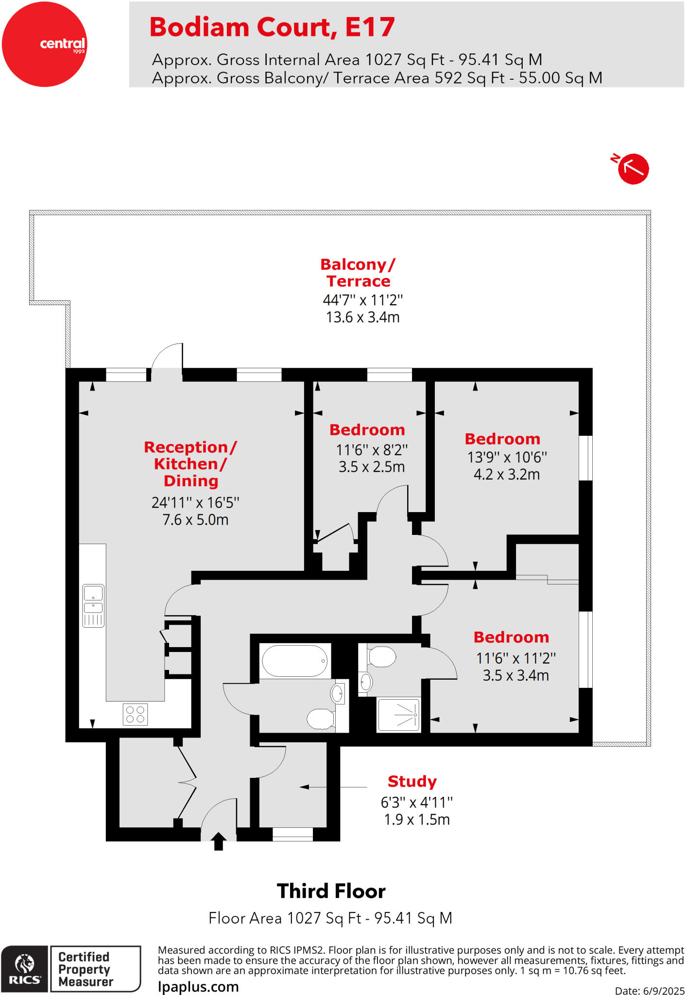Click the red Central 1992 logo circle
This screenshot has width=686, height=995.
pos(44,44)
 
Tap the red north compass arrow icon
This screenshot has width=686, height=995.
pos(633,169)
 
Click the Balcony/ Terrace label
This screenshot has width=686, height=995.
pos(358,273)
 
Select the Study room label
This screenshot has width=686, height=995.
pos(412,781)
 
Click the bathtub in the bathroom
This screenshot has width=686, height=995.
pos(295,661)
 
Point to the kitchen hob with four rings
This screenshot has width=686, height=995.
pos(135,715)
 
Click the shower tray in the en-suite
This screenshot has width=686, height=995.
pos(398,715)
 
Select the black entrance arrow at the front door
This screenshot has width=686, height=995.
pos(219,841)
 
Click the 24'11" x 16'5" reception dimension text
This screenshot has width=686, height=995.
pos(195,502)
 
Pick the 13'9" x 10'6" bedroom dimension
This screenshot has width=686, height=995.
pos(507,457)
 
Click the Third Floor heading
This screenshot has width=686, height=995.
pos(331,891)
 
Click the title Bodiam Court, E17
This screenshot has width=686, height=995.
pos(272,27)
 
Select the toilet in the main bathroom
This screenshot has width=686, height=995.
pos(321,719)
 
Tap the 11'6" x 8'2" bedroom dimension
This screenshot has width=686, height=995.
pos(372,450)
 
